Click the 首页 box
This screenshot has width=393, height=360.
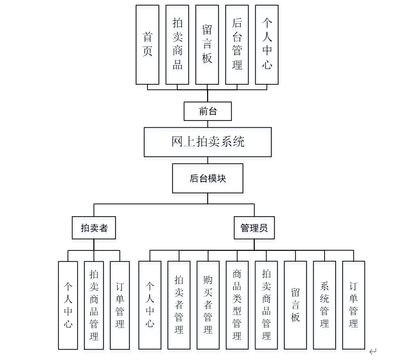(x=148, y=44)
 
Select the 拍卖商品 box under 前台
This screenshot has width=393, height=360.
(x=178, y=44)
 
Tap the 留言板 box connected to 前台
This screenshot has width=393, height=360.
(x=207, y=44)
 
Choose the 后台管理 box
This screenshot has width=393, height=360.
(x=237, y=44)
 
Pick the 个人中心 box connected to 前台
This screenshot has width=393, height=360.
(x=267, y=44)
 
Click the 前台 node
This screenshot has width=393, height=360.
(x=208, y=111)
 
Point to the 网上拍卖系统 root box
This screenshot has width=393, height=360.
(x=208, y=142)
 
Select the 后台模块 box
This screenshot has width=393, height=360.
(x=208, y=178)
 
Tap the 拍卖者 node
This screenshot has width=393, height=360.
(x=94, y=228)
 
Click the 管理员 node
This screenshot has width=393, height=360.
(x=254, y=228)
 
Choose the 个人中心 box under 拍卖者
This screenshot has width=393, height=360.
(x=68, y=305)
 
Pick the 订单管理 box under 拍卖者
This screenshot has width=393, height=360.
(x=120, y=305)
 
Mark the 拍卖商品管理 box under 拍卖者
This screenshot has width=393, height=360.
(x=94, y=305)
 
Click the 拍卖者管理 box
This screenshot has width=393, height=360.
(x=179, y=305)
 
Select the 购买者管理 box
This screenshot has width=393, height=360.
(x=208, y=305)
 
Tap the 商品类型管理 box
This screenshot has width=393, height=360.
(x=237, y=305)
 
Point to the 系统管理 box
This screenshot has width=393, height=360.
(x=325, y=305)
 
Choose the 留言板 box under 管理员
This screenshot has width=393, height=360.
(x=295, y=305)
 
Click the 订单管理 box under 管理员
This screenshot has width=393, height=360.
(x=354, y=305)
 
